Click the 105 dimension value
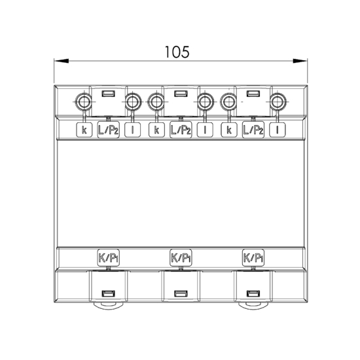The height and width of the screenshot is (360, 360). coord(177,52)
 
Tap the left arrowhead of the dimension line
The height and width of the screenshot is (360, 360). coord(62,61)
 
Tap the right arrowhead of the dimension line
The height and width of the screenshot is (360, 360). coord(300,61)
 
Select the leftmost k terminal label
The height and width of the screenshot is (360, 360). coord(84,130)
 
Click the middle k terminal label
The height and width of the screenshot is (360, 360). coord(156,130)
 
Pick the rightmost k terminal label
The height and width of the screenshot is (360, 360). coord(229,130)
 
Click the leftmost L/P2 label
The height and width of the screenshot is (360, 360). coord(109,130)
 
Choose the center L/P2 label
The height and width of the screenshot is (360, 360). coord(181,130)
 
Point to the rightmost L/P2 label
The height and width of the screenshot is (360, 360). coord(253,130)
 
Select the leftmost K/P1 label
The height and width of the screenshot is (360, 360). coord(109,258)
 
